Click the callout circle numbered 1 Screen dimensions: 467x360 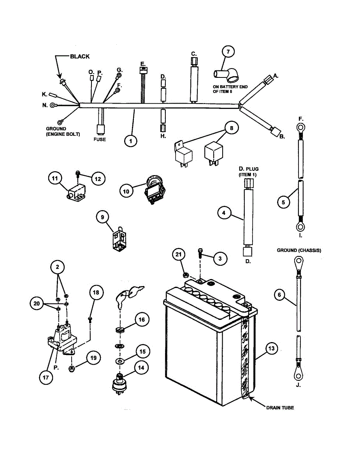(x=131, y=140)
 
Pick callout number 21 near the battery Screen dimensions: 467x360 (x=179, y=255)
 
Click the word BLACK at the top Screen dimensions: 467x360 (x=80, y=56)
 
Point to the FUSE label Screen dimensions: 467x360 (x=100, y=139)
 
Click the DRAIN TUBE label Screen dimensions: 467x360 (x=280, y=407)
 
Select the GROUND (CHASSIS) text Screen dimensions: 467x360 (x=299, y=251)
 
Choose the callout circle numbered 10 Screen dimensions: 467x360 (x=126, y=191)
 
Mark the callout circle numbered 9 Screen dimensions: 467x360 (x=103, y=218)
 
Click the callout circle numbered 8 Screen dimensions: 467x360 (x=231, y=128)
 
